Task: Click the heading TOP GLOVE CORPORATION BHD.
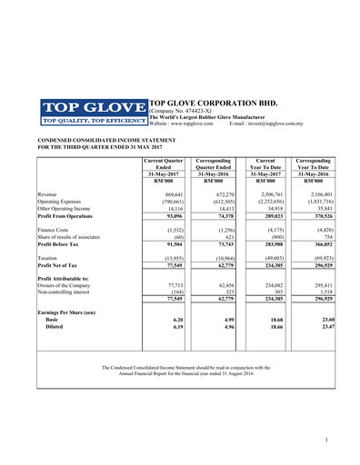213,105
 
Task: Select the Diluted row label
56,328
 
